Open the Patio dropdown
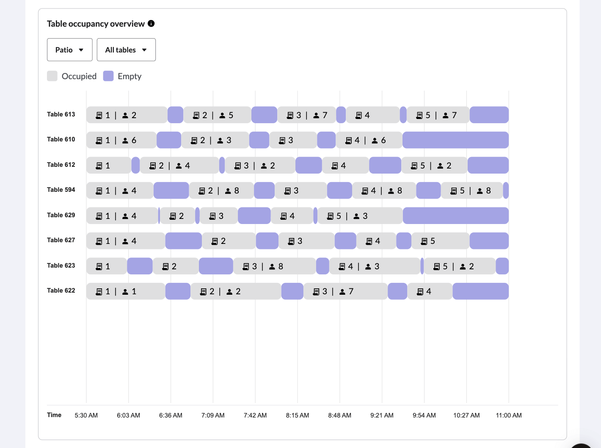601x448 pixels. pyautogui.click(x=69, y=50)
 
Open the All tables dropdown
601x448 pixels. pyautogui.click(x=126, y=50)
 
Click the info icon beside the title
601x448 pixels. pyautogui.click(x=151, y=24)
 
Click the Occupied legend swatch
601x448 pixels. pyautogui.click(x=52, y=76)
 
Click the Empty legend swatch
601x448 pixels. pyautogui.click(x=108, y=76)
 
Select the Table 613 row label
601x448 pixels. pyautogui.click(x=61, y=114)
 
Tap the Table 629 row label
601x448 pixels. pyautogui.click(x=61, y=215)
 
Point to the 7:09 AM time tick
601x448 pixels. pyautogui.click(x=213, y=415)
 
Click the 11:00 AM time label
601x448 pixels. pyautogui.click(x=509, y=415)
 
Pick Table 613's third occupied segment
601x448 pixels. pyautogui.click(x=306, y=115)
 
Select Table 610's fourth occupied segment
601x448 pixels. pyautogui.click(x=369, y=140)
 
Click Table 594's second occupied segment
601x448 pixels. pyautogui.click(x=221, y=191)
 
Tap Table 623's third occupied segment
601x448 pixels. pyautogui.click(x=274, y=266)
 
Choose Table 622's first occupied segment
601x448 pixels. pyautogui.click(x=125, y=291)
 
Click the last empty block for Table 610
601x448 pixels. pyautogui.click(x=455, y=140)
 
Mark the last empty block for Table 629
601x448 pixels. pyautogui.click(x=455, y=216)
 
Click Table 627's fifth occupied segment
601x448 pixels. pyautogui.click(x=440, y=241)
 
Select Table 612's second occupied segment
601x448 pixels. pyautogui.click(x=179, y=166)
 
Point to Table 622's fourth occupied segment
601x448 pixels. pyautogui.click(x=430, y=291)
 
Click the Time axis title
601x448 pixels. pyautogui.click(x=54, y=415)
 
